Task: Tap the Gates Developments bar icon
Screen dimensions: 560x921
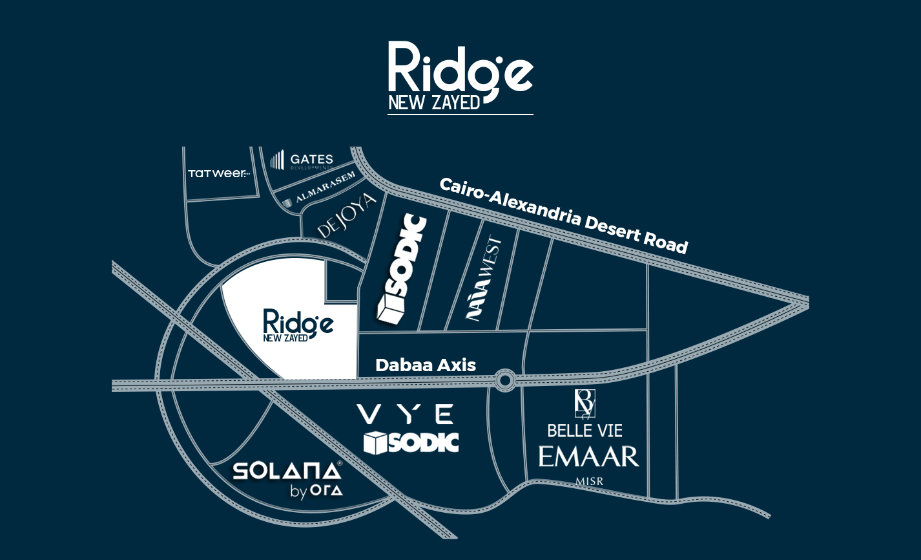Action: tap(277, 160)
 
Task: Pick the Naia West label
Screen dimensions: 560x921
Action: tap(484, 280)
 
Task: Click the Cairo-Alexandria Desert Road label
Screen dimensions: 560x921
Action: tap(563, 215)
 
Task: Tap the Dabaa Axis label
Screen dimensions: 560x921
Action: tap(426, 365)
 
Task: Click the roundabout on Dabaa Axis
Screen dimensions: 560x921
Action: tap(505, 380)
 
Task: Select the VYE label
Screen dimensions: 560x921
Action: tap(406, 414)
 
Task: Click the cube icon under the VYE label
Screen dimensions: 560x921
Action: tap(375, 443)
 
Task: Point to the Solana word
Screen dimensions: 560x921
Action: tap(286, 471)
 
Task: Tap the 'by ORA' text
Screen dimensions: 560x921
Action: tap(316, 491)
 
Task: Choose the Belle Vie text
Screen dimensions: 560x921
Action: tap(585, 430)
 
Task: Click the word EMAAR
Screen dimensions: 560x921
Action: tap(588, 457)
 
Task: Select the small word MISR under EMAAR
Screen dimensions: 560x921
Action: tap(589, 481)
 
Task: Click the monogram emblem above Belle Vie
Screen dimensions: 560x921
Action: tap(585, 404)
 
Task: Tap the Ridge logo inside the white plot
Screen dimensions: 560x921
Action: tap(298, 325)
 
